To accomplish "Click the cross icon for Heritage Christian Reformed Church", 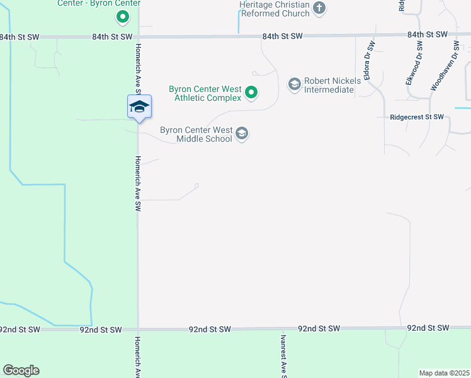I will click(x=319, y=8).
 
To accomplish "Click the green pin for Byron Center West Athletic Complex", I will click(x=251, y=93).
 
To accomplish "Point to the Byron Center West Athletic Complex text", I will click(x=205, y=93).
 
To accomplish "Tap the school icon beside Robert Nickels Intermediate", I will click(x=294, y=84).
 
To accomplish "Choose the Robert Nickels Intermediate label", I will click(x=329, y=85).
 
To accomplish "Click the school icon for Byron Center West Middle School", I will click(x=242, y=134).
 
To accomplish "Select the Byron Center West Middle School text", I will click(x=196, y=134).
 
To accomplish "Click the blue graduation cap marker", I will click(x=139, y=106).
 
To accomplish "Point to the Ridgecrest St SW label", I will click(x=417, y=117).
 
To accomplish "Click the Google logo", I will click(x=21, y=370).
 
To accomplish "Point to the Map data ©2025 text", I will click(x=445, y=373).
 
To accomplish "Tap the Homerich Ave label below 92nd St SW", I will click(x=137, y=357).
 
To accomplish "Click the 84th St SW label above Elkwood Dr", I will click(x=427, y=35).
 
